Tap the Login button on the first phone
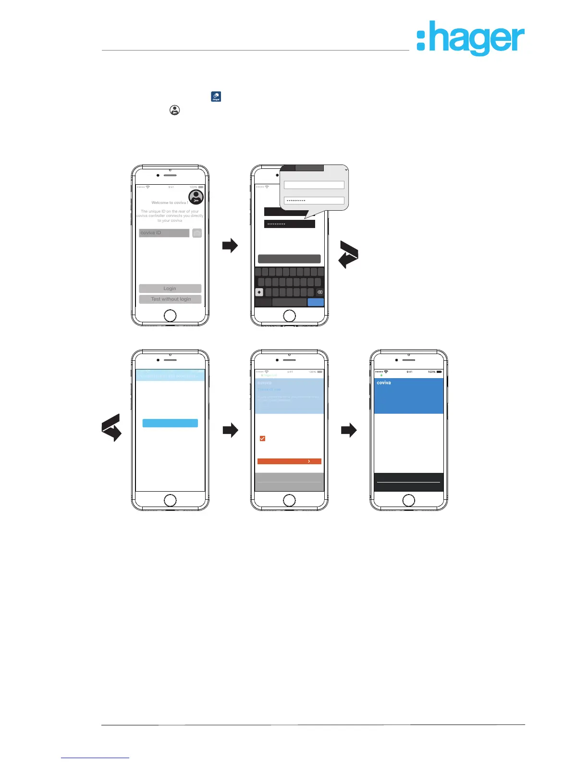point(170,289)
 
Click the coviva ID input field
point(164,233)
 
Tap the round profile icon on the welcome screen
point(196,197)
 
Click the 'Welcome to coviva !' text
point(170,203)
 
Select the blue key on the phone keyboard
point(316,302)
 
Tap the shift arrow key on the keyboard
point(259,292)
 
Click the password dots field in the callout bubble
point(314,201)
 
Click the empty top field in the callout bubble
point(314,185)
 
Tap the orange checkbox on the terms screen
point(262,438)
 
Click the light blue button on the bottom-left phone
point(170,423)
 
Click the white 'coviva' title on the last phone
point(384,383)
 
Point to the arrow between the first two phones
point(230,246)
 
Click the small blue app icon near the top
point(216,97)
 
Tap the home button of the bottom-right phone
point(408,500)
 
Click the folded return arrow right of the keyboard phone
point(349,254)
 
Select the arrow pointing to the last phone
point(349,430)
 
